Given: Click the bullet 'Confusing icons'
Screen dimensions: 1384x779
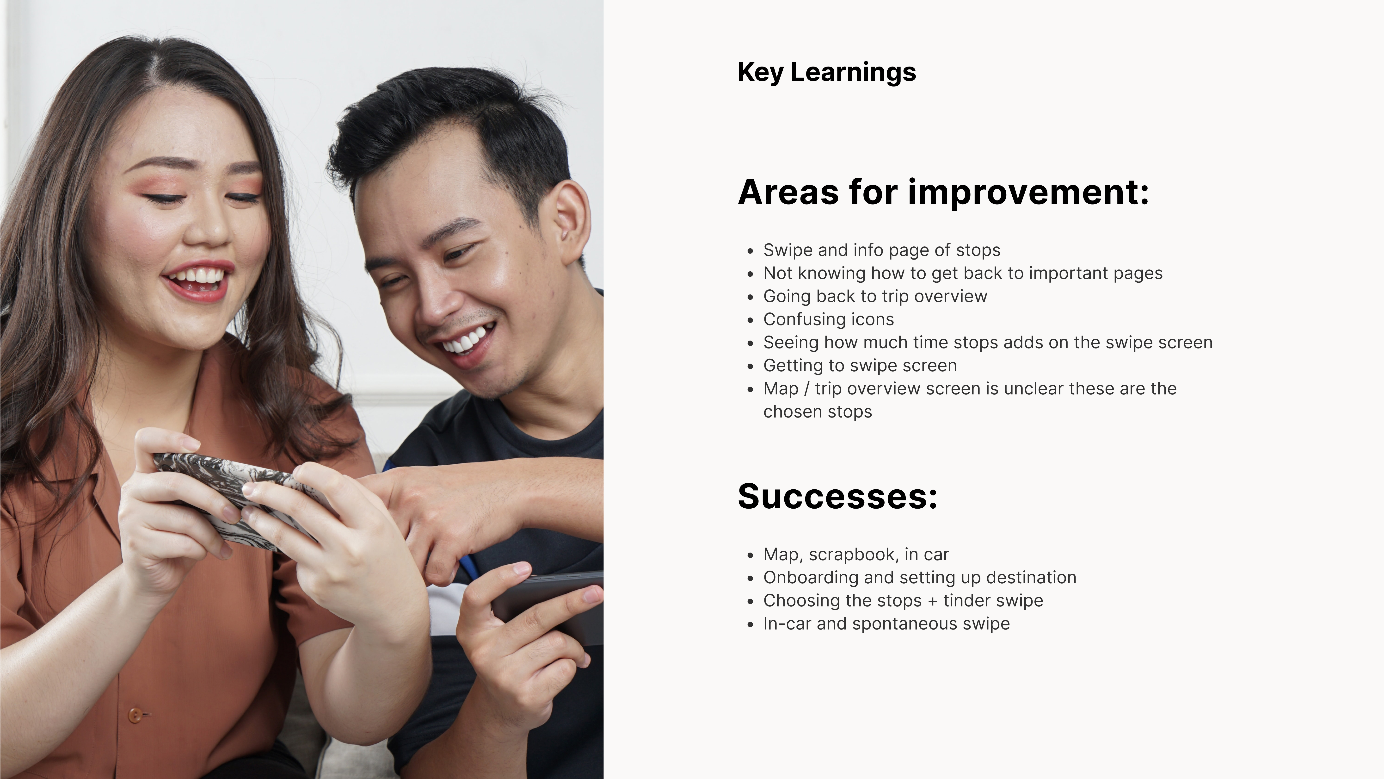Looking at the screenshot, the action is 829,319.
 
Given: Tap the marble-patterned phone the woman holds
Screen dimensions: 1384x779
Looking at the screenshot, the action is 236,497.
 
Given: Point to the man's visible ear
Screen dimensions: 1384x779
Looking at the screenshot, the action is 570,220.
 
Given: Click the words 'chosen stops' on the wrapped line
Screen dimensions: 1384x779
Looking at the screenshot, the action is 818,412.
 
